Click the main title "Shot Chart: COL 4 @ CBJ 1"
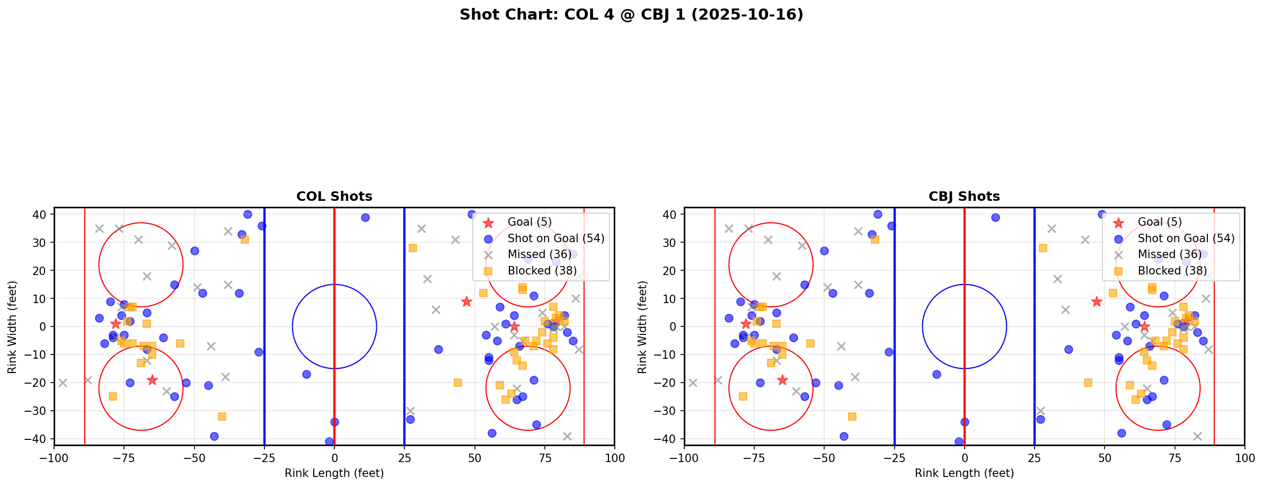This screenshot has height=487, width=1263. point(631,14)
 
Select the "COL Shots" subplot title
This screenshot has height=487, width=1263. point(334,197)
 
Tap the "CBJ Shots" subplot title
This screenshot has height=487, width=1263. point(964,197)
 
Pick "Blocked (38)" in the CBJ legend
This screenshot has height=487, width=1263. point(1172,271)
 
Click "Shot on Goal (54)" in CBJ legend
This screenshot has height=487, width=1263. point(1186,238)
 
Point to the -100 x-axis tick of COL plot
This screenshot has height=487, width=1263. point(54,457)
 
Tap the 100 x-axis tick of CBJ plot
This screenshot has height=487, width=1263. point(1244,457)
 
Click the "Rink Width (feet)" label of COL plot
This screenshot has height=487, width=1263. point(12,326)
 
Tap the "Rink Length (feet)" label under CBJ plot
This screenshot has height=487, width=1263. point(964,473)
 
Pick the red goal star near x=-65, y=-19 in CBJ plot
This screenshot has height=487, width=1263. point(782,380)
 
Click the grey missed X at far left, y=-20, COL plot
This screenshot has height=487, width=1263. point(63,383)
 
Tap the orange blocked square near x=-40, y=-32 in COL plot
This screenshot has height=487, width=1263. point(222,417)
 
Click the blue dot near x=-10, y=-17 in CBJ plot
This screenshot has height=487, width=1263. point(937,374)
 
